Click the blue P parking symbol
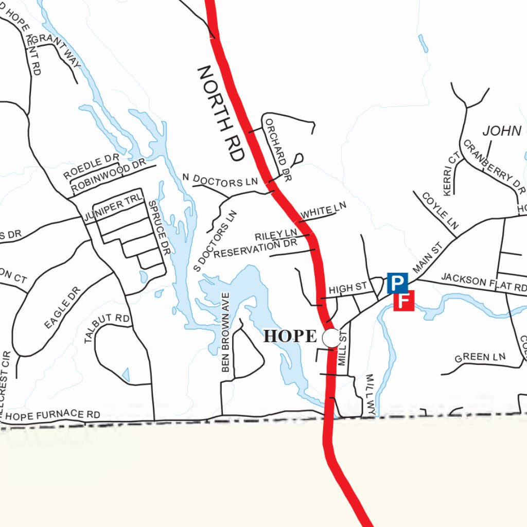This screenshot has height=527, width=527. [397, 283]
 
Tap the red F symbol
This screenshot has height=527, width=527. [404, 301]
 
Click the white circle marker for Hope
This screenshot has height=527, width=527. [331, 338]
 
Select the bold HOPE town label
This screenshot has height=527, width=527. [290, 337]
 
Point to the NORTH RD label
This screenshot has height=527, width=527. [220, 113]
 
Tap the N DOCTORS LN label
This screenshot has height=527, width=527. [220, 181]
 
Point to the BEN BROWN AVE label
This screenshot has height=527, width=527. [225, 332]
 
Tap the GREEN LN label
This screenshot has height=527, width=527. [480, 357]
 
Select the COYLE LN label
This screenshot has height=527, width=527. [440, 210]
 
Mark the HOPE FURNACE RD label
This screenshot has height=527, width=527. [53, 415]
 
